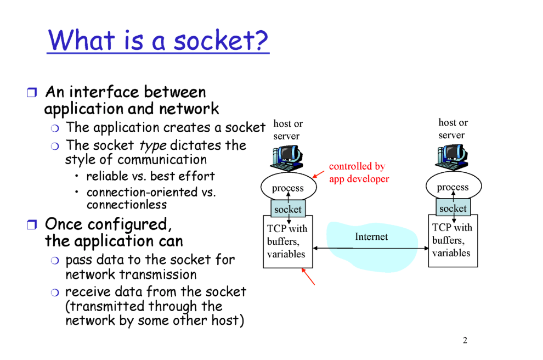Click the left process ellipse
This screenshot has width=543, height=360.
287,188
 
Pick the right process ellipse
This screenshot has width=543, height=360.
452,187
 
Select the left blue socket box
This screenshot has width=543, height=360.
287,209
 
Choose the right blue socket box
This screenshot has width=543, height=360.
452,208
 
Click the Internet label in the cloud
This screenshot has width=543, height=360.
371,237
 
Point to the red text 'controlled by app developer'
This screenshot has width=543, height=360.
359,172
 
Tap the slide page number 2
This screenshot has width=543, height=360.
465,341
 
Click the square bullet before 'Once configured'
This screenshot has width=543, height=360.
31,224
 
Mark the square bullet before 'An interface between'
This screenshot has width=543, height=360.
31,92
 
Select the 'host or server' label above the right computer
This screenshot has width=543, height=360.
453,128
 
